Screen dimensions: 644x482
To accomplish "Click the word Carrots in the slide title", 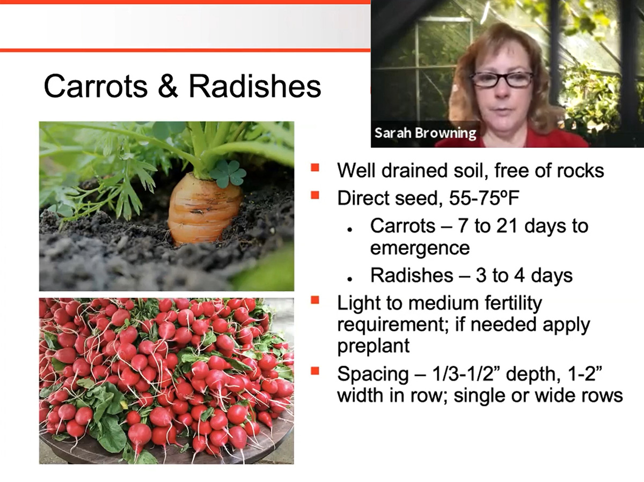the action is click(x=96, y=86).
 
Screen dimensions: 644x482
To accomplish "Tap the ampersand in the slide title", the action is click(x=168, y=86).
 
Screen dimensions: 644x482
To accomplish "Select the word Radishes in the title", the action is click(x=255, y=86).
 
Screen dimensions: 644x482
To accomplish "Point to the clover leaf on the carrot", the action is click(x=228, y=174).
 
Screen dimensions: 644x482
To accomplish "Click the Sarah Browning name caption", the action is click(x=425, y=134).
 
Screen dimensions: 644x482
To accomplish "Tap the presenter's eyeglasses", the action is click(x=501, y=79).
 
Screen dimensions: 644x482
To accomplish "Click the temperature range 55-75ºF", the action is click(x=484, y=198).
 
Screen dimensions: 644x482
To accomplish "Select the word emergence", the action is click(x=420, y=248).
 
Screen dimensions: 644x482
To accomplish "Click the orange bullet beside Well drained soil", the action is click(x=315, y=167).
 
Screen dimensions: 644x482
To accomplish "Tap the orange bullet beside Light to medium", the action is click(x=315, y=300).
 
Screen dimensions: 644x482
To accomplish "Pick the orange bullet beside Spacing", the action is click(x=315, y=370).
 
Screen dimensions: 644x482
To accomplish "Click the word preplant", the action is click(x=373, y=346).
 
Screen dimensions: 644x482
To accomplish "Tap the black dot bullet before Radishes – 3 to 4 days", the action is click(x=349, y=279).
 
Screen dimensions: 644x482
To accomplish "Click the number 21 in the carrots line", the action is click(x=507, y=226).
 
